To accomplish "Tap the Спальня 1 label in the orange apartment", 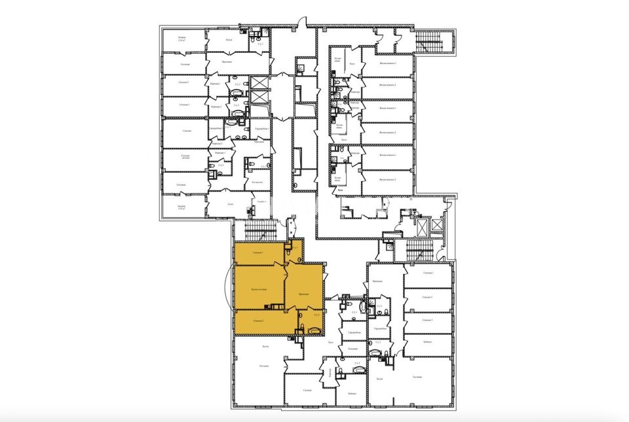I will coord(257,253).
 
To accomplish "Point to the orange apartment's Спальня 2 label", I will coord(257,320).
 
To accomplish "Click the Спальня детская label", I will coord(185,158).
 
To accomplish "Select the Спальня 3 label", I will coord(427,320).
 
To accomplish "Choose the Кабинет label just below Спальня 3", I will coord(427,342).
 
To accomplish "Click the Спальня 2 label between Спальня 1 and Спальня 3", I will coord(427,297).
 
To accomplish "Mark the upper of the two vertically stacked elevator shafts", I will coord(259,83).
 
